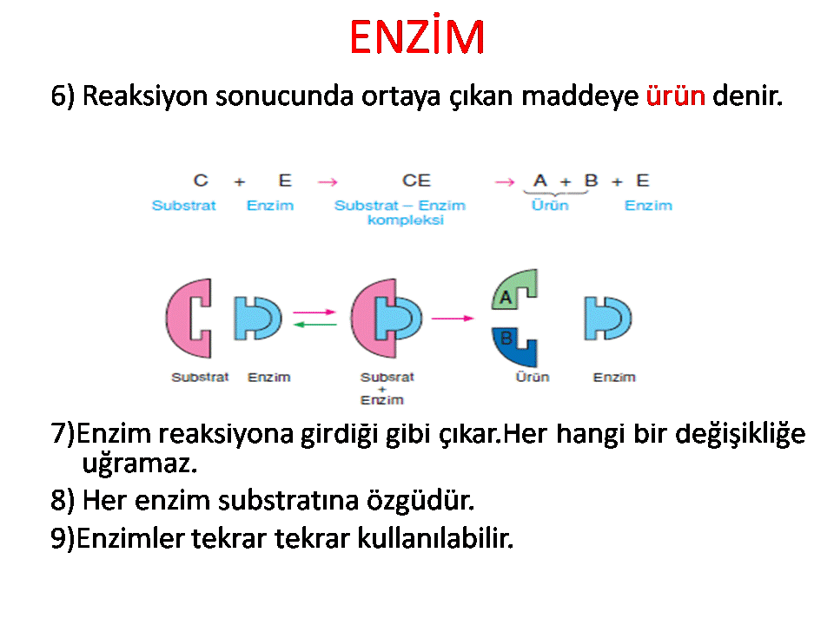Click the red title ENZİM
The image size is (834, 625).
417,36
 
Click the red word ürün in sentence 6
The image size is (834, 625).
676,95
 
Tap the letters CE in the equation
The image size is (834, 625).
416,181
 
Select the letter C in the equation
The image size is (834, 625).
201,181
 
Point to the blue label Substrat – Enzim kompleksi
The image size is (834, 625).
400,212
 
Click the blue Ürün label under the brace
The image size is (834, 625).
550,205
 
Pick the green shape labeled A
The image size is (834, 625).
513,290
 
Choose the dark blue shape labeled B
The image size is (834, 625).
513,346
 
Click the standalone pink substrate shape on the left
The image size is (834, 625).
189,318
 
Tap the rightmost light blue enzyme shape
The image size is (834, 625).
607,319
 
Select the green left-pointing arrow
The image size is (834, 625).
314,324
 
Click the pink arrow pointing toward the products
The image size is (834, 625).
453,319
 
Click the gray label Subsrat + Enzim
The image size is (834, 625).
387,389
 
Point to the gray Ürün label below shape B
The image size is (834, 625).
532,377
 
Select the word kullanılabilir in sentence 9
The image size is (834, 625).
435,538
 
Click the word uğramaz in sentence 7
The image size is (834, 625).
139,464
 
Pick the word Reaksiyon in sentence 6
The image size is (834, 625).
145,96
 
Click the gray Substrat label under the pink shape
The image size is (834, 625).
200,377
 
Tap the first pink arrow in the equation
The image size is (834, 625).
328,182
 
